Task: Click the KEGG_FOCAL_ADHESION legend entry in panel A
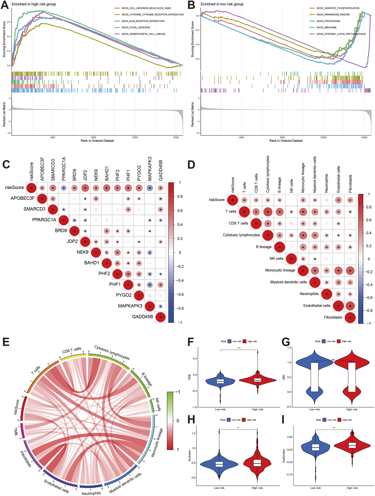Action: [x=136, y=27]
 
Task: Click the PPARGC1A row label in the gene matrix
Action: [x=44, y=220]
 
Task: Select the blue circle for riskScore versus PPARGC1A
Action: [x=64, y=188]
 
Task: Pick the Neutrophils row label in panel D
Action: [x=309, y=294]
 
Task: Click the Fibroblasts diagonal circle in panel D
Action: [x=350, y=318]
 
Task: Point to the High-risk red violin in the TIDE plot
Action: [x=257, y=380]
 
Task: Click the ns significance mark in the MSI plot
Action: [x=333, y=359]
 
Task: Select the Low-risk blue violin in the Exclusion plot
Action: [x=219, y=464]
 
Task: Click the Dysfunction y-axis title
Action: [x=284, y=456]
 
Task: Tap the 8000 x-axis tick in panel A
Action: [x=94, y=138]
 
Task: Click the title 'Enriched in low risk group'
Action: [x=222, y=4]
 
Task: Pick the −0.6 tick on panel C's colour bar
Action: [x=180, y=294]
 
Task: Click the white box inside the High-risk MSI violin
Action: [x=352, y=377]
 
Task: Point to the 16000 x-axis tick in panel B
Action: [x=364, y=138]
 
